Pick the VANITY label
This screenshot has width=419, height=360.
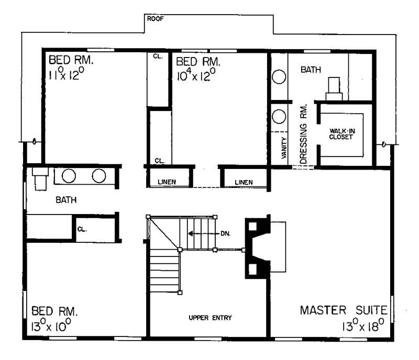[x=283, y=148]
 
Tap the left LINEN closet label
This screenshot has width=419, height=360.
[x=167, y=182]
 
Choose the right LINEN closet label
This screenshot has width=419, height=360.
[x=244, y=182]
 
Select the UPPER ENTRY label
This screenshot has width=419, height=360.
[x=211, y=318]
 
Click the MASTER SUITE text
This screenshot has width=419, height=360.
[x=343, y=310]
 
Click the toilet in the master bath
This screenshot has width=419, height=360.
[x=333, y=89]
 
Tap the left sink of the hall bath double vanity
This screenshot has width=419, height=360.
[x=69, y=176]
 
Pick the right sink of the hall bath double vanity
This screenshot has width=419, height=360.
[x=99, y=176]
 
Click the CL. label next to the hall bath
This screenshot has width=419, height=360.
[x=82, y=229]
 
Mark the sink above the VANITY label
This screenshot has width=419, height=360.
[x=278, y=115]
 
